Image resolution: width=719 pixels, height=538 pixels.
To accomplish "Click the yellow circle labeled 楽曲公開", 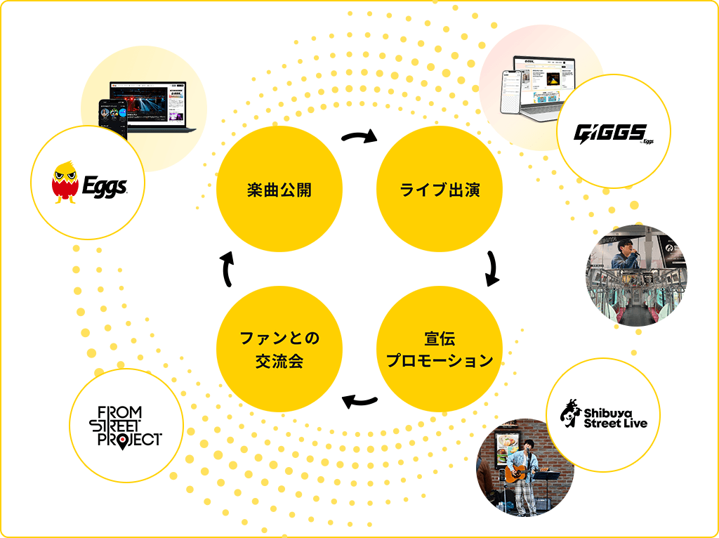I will click(x=279, y=190).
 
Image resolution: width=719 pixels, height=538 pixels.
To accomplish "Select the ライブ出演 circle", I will click(x=440, y=190).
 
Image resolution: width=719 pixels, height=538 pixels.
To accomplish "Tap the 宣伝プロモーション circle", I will click(x=440, y=350).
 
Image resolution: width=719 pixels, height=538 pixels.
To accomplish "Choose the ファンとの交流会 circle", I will click(x=279, y=350).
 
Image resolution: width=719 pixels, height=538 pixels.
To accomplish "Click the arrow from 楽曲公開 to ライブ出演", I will click(x=359, y=136).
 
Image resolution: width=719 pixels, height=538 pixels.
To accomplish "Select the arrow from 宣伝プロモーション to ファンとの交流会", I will click(x=359, y=402).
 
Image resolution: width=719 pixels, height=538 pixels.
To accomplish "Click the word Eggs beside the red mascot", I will click(x=103, y=186).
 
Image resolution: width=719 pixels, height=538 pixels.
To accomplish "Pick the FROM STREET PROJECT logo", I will click(x=126, y=426).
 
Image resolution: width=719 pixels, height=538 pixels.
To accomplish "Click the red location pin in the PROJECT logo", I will click(x=124, y=442).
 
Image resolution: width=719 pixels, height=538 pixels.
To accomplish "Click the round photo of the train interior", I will click(x=636, y=275).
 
